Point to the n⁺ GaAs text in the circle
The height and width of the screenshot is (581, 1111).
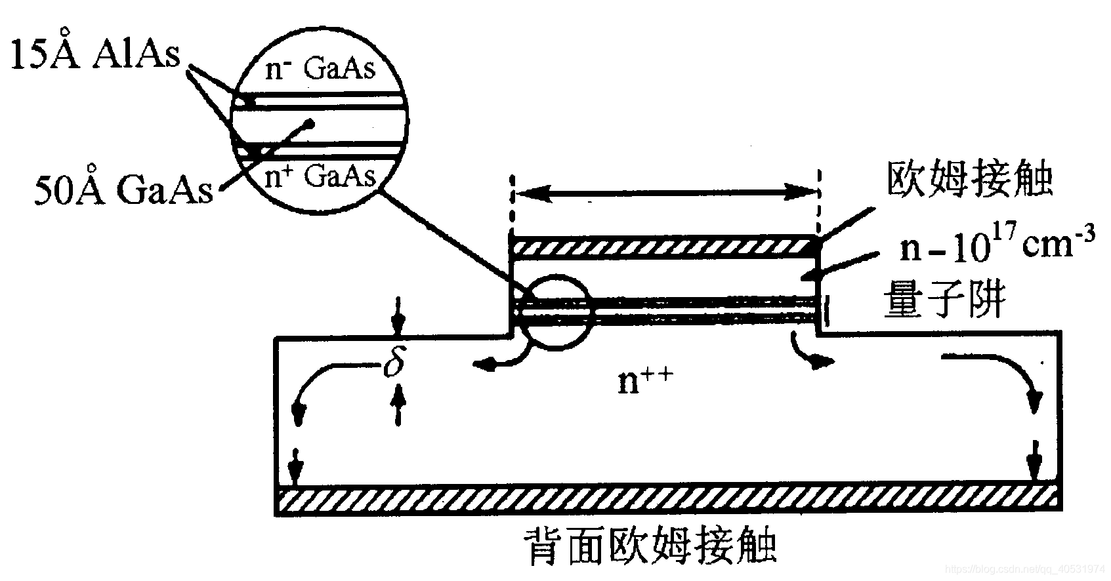coord(320,176)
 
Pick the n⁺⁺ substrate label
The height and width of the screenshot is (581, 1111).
coord(644,380)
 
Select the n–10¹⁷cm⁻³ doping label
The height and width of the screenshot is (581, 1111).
coord(996,247)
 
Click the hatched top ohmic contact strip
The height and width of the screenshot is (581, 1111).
coord(664,247)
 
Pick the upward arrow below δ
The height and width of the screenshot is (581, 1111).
coord(397,405)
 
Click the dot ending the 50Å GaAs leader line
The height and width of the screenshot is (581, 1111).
coord(311,123)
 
